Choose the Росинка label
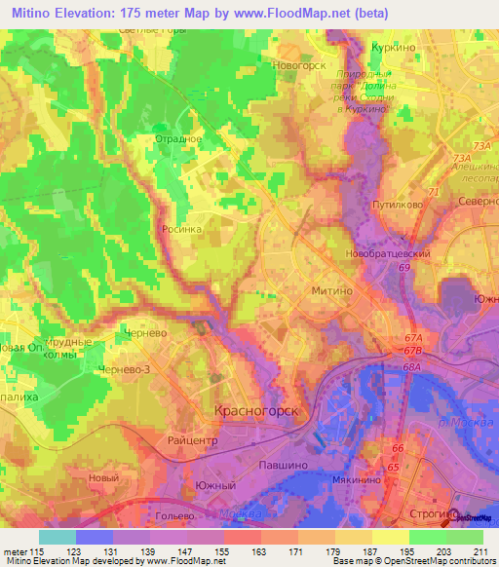pos(182,230)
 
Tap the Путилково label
pos(395,206)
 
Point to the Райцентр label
pos(189,440)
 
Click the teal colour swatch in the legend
pos(58,537)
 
